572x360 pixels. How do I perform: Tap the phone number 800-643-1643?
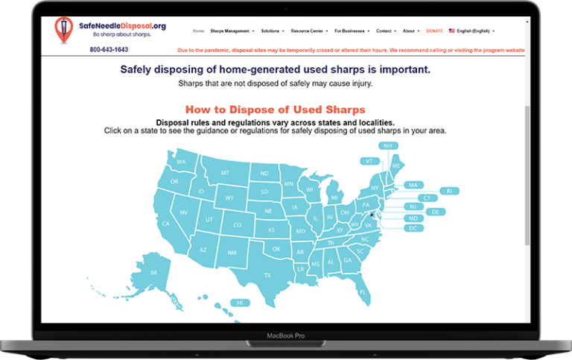pyautogui.click(x=109, y=50)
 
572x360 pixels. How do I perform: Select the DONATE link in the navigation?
pyautogui.click(x=434, y=31)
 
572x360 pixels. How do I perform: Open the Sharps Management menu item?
pyautogui.click(x=232, y=31)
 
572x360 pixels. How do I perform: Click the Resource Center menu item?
pyautogui.click(x=308, y=31)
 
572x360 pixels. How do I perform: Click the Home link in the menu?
pyautogui.click(x=198, y=31)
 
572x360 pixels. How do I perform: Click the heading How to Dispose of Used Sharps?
pyautogui.click(x=275, y=109)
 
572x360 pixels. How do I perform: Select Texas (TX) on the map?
pyautogui.click(x=267, y=275)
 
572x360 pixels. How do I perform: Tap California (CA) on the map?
pyautogui.click(x=166, y=223)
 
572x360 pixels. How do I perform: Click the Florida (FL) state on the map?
pyautogui.click(x=363, y=292)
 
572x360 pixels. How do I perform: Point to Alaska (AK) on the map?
pyautogui.click(x=154, y=273)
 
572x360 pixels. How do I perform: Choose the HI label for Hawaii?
pyautogui.click(x=240, y=303)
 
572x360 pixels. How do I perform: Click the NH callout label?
pyautogui.click(x=387, y=145)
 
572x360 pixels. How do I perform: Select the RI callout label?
pyautogui.click(x=448, y=191)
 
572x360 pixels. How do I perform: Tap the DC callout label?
pyautogui.click(x=413, y=227)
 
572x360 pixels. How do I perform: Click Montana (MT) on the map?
pyautogui.click(x=224, y=174)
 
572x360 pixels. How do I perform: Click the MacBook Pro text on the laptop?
pyautogui.click(x=286, y=336)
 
